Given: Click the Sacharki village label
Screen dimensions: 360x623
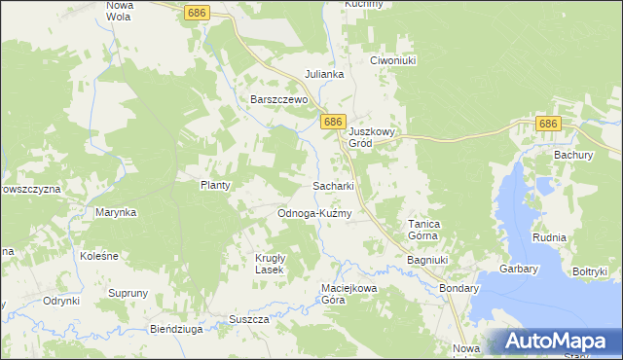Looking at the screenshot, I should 332,185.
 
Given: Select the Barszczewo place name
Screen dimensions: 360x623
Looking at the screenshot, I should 278,99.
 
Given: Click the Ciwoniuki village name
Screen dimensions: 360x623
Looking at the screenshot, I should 393,60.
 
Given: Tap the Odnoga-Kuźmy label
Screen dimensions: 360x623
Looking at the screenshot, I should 313,213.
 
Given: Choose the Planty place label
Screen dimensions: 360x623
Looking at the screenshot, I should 214,185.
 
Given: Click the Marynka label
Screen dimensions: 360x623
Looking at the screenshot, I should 115,211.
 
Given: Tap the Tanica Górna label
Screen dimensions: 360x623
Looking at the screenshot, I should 423,230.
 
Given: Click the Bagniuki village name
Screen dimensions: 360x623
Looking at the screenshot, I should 426,261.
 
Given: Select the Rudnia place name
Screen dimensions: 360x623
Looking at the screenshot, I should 549,236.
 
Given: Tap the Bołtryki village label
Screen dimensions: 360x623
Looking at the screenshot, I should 590,271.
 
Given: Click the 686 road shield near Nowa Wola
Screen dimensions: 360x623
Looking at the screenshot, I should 197,12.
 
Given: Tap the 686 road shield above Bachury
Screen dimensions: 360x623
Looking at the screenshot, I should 548,124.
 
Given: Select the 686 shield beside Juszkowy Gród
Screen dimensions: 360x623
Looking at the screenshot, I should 333,122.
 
